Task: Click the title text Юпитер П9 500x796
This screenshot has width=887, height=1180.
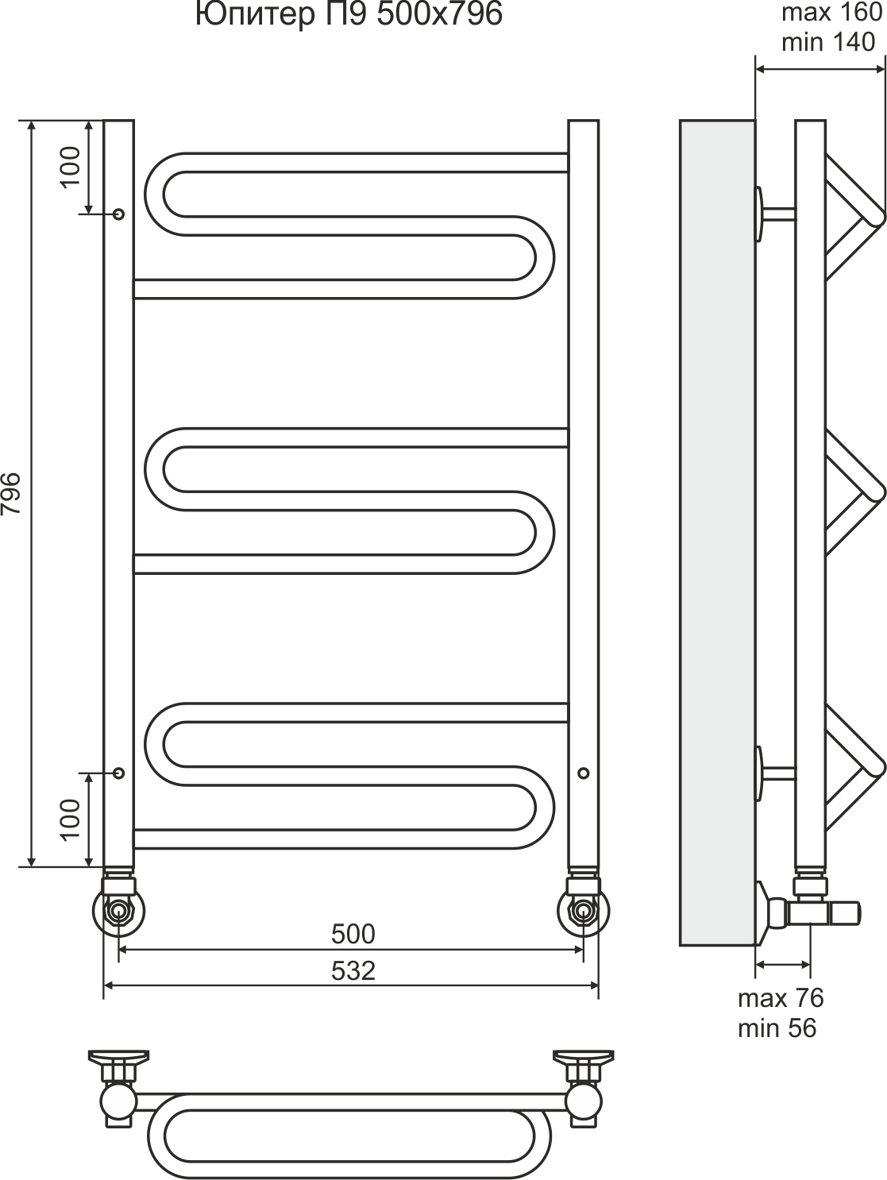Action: pos(349,14)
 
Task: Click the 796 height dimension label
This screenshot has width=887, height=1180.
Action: pos(11,493)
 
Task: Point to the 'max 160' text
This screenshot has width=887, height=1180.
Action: pos(831,13)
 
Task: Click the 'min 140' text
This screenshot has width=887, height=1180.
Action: pos(828,42)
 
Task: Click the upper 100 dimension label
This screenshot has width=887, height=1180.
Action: pos(71,167)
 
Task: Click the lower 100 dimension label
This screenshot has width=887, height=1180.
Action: pos(71,819)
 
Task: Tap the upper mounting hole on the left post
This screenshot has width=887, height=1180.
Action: pos(119,214)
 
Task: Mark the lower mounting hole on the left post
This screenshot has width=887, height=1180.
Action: pos(119,773)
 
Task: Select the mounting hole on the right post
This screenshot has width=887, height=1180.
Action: pos(584,773)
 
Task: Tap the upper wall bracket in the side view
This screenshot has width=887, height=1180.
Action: pos(775,214)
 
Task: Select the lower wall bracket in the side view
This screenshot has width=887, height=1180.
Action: pos(775,773)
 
